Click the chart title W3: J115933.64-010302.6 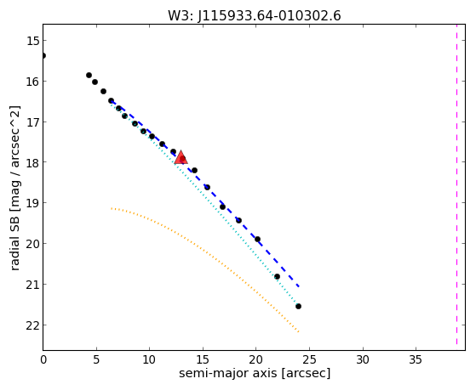255,15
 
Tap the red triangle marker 181,157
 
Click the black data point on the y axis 43,55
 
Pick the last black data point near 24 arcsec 298,307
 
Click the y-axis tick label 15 32,41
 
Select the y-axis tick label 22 32,325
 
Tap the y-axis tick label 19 32,203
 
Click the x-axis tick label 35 416,359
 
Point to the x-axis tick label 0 43,359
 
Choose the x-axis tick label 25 309,359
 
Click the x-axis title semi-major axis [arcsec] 255,373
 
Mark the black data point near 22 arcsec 277,277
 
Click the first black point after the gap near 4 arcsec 89,75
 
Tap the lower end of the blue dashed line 299,286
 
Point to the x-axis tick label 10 150,359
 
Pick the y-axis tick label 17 32,122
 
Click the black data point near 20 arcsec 257,239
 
